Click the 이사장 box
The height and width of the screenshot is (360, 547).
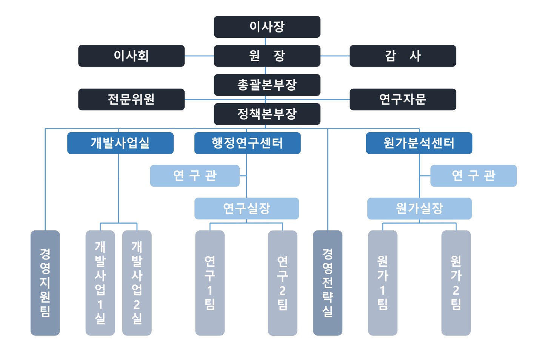tap(267, 27)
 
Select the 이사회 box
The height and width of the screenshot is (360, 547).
tap(131, 56)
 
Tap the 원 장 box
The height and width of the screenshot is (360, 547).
tap(267, 56)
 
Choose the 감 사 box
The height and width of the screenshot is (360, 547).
tap(402, 56)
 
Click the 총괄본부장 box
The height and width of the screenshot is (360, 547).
tap(267, 85)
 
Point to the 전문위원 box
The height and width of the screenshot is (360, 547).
tap(131, 99)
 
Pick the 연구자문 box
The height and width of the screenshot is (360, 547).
tap(402, 99)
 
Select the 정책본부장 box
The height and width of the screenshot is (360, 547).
tap(267, 114)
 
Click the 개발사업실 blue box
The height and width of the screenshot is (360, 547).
tap(120, 143)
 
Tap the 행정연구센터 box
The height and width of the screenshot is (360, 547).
tap(247, 143)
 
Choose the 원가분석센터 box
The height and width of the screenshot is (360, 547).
tap(419, 143)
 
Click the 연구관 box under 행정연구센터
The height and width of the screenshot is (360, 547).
tap(195, 176)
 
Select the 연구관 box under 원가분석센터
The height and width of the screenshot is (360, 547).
tap(473, 176)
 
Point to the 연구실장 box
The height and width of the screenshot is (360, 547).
tap(247, 209)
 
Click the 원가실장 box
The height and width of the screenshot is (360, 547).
tap(419, 209)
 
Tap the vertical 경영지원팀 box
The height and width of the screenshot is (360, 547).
tap(45, 283)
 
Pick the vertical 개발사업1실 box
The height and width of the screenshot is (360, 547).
tap(100, 283)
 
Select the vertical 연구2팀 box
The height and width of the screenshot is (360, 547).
tap(282, 283)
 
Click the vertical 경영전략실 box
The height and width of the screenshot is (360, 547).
tap(328, 283)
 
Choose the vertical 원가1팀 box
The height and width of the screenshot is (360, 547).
tap(382, 283)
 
